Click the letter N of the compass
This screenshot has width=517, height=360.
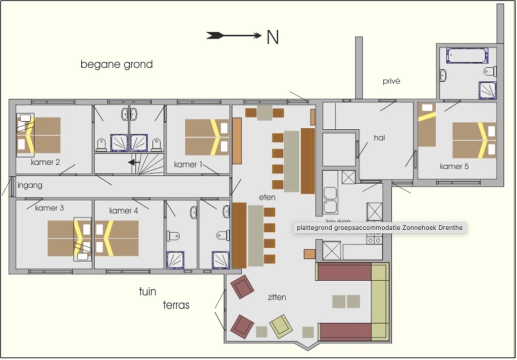pyautogui.click(x=272, y=37)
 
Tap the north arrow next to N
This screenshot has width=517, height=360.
pyautogui.click(x=233, y=35)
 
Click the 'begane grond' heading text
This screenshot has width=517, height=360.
pyautogui.click(x=117, y=65)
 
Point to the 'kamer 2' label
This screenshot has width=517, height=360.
pyautogui.click(x=45, y=163)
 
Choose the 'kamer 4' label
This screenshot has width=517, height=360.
pyautogui.click(x=123, y=211)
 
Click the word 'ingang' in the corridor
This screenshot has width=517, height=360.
pyautogui.click(x=30, y=185)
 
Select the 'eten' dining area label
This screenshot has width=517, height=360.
pyautogui.click(x=267, y=198)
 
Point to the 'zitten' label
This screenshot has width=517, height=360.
pyautogui.click(x=277, y=297)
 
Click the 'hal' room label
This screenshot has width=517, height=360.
pyautogui.click(x=380, y=137)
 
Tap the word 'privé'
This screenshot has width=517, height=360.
pyautogui.click(x=391, y=81)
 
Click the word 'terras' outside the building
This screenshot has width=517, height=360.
pyautogui.click(x=176, y=305)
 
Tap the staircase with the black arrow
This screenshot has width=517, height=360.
pyautogui.click(x=146, y=163)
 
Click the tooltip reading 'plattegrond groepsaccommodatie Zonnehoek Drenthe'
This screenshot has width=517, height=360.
pyautogui.click(x=379, y=228)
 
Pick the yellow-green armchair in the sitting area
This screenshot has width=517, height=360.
pyautogui.click(x=281, y=325)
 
